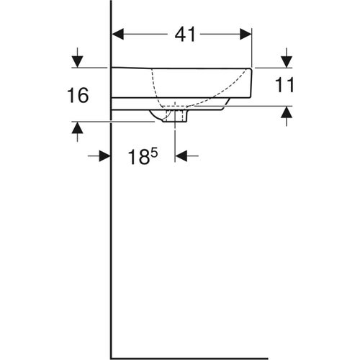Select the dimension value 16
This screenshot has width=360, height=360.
[x=78, y=95]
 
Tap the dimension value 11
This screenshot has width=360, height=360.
[x=286, y=86]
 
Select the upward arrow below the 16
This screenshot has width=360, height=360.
[x=78, y=130]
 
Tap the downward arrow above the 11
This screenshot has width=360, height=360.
[x=287, y=58]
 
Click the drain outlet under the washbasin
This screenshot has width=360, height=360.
[x=175, y=115]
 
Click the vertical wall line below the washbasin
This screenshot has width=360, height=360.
[x=111, y=238]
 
